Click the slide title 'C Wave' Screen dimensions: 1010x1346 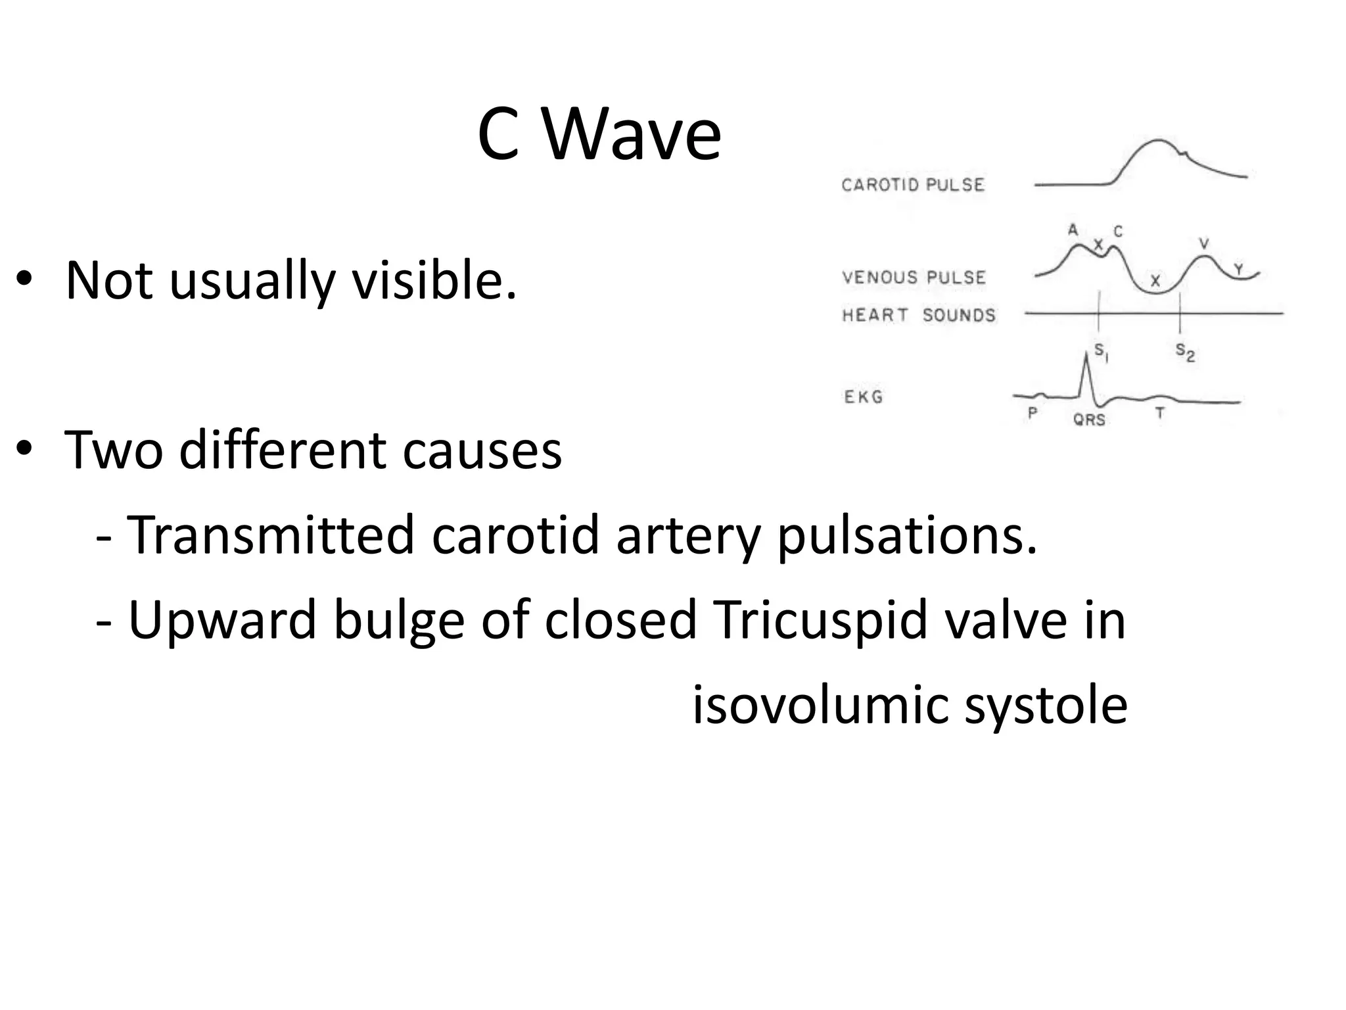[599, 135]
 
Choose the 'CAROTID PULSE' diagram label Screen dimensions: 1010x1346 [913, 185]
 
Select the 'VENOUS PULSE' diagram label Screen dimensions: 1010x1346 [914, 277]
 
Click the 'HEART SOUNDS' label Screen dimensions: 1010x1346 [919, 315]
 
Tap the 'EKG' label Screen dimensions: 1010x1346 [863, 397]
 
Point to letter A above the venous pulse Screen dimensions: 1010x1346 [1073, 230]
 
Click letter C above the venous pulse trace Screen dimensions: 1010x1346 [1118, 231]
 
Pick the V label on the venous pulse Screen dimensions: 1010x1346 [1204, 244]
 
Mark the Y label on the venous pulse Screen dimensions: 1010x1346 [1238, 270]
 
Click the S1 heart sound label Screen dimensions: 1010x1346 [1101, 353]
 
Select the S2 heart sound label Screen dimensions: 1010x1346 [1184, 353]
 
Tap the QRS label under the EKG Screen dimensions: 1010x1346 [1089, 419]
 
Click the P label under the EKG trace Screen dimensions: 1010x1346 [1033, 414]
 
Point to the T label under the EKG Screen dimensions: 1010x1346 [1160, 414]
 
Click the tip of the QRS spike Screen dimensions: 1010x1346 [1085, 354]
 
